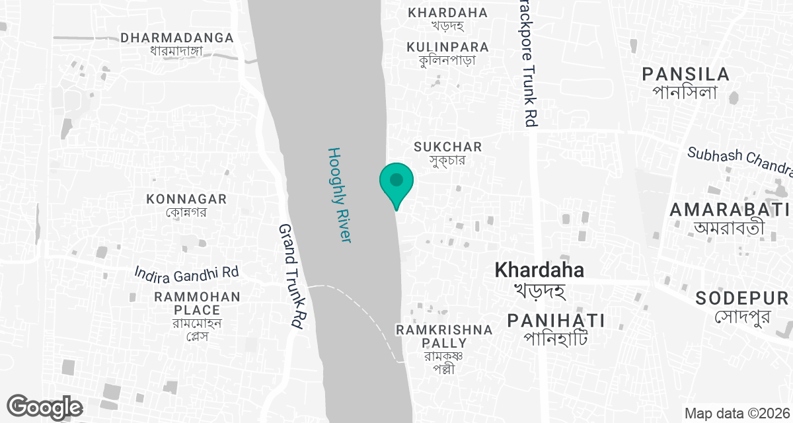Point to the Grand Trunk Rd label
click(x=291, y=274)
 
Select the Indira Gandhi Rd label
click(x=186, y=272)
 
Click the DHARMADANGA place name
click(x=177, y=38)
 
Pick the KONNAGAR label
click(x=186, y=199)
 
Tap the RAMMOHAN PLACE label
click(x=197, y=303)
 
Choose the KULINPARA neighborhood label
click(x=448, y=48)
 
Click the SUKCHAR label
click(x=448, y=147)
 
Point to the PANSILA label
click(x=687, y=74)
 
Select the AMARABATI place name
click(x=730, y=210)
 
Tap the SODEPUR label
click(x=742, y=298)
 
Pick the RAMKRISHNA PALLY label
click(x=444, y=336)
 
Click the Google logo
click(x=44, y=406)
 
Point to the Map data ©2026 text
click(x=736, y=414)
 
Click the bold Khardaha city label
click(x=540, y=270)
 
